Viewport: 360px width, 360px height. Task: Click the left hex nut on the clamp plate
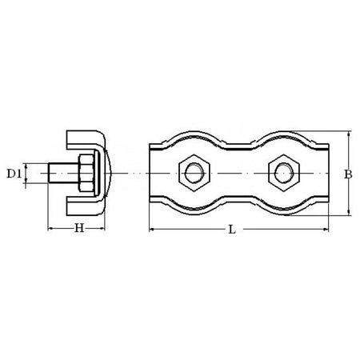193,173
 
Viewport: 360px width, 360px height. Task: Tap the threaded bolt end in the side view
58,173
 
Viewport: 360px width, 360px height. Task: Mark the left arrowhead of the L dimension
153,229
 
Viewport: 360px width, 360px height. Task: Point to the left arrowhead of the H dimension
51,229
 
